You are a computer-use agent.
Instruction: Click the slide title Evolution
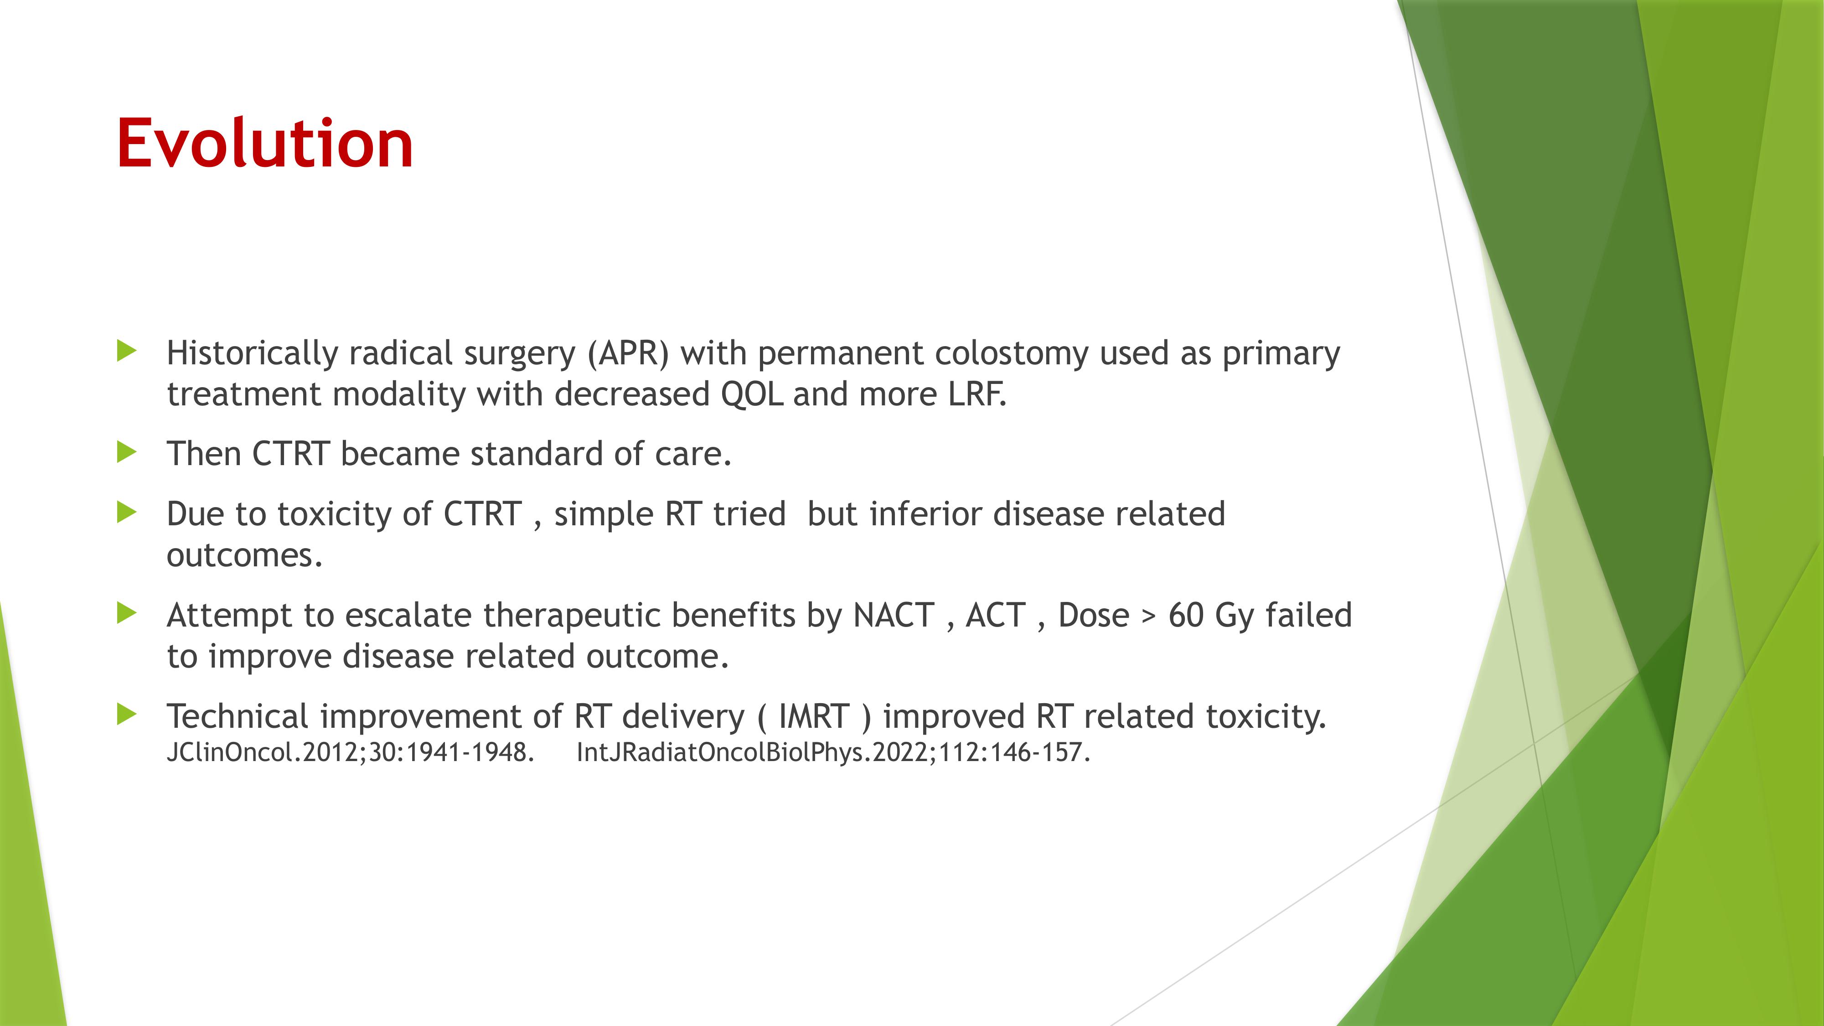point(265,143)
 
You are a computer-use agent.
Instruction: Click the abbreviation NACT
point(894,615)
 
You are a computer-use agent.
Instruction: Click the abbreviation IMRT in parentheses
point(814,716)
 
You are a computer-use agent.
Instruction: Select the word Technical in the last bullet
point(237,716)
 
